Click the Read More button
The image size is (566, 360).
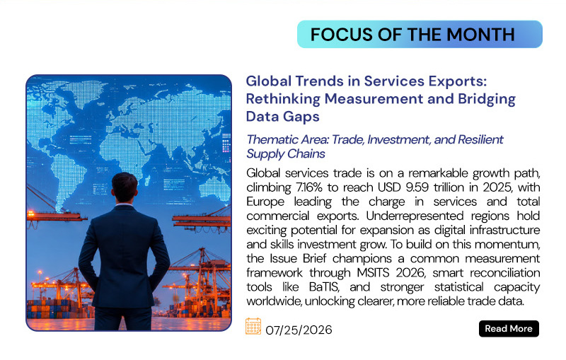pyautogui.click(x=509, y=329)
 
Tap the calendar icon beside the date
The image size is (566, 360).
pyautogui.click(x=253, y=326)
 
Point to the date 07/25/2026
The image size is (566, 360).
pyautogui.click(x=299, y=330)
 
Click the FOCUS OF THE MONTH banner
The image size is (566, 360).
pyautogui.click(x=420, y=34)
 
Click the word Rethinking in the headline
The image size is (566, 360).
pyautogui.click(x=283, y=99)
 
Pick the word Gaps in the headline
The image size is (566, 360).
pyautogui.click(x=301, y=117)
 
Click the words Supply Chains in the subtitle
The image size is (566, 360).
pyautogui.click(x=286, y=154)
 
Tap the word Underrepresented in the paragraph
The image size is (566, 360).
pyautogui.click(x=415, y=216)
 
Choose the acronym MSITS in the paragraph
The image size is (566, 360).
pyautogui.click(x=374, y=273)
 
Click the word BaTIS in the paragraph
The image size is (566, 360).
pyautogui.click(x=324, y=286)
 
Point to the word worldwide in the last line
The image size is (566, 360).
pyautogui.click(x=274, y=301)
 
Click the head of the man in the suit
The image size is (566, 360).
pyautogui.click(x=125, y=187)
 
